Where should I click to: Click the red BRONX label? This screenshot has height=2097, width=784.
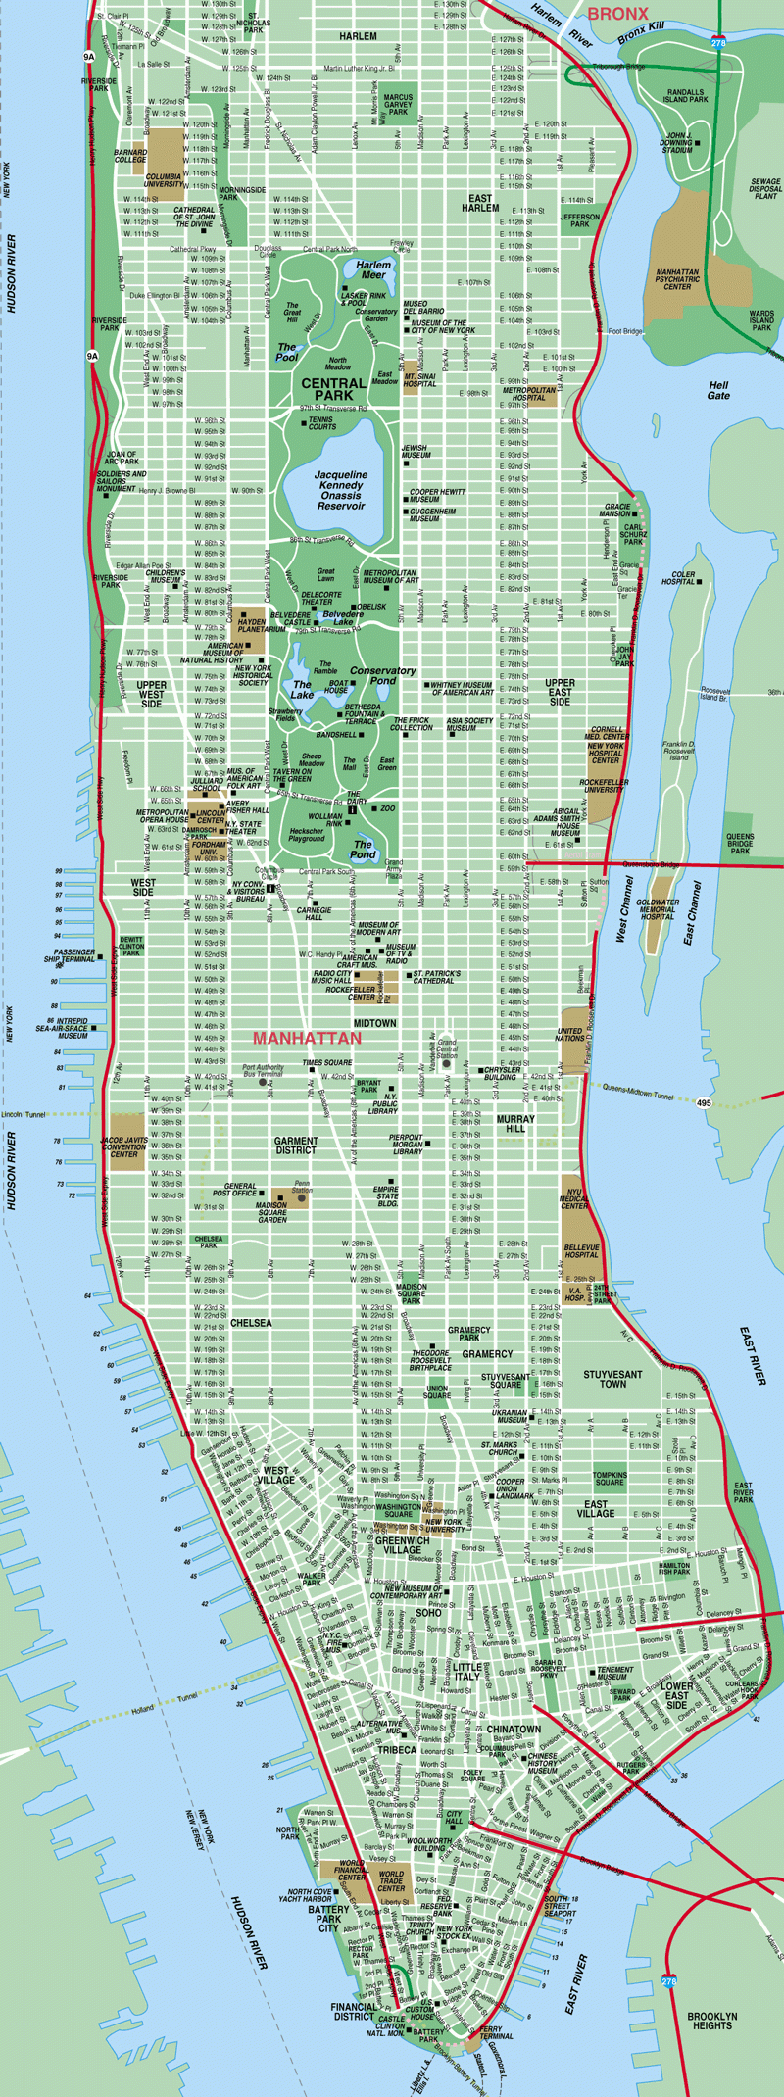pos(617,13)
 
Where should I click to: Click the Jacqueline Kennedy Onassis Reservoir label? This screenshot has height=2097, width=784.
pos(341,490)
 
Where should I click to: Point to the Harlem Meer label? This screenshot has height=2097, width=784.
pos(373,269)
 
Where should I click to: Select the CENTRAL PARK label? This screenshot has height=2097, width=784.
pos(333,389)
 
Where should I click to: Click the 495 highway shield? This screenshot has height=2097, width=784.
pos(704,1102)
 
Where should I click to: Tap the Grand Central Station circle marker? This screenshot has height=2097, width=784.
pos(447,1063)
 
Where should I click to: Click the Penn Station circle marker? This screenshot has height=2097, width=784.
pos(301,1197)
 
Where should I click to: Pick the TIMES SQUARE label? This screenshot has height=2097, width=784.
pos(327,1062)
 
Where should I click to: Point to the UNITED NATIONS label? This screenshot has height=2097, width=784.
pos(569,1036)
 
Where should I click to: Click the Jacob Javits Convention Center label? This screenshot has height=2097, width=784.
pos(124,1147)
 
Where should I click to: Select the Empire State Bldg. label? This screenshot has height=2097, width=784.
pos(388,1196)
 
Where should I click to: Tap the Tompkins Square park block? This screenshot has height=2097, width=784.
pos(609,1477)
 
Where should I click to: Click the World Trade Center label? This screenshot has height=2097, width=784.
pos(391,1881)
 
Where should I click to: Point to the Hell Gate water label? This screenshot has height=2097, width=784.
pos(718,390)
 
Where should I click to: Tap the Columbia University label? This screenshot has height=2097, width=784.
pos(164,181)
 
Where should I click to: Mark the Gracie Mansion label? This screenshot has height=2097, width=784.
pos(616,511)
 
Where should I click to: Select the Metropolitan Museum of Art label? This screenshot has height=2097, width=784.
pos(389,577)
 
